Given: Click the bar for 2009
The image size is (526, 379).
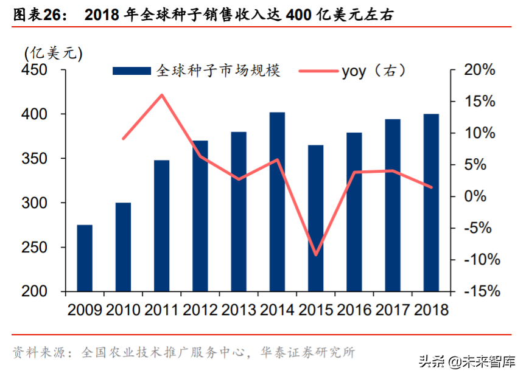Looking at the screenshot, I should [85, 258].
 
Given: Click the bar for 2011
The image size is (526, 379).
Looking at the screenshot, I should [161, 226].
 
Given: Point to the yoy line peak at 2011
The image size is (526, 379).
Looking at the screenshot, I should [162, 95].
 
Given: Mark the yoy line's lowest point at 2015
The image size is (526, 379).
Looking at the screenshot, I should [315, 255].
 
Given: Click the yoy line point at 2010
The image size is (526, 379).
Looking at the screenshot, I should [124, 139].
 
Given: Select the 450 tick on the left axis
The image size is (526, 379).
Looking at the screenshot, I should [35, 70].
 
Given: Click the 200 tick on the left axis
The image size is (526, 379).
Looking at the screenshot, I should [35, 291].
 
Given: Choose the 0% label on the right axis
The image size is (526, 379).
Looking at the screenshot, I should [485, 196].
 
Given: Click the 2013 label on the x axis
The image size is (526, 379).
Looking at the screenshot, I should [239, 310].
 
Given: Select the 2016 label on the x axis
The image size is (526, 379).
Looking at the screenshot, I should [354, 310].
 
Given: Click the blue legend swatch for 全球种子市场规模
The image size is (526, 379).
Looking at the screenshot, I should [131, 71].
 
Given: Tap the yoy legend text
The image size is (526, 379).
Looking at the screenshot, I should [353, 71].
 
